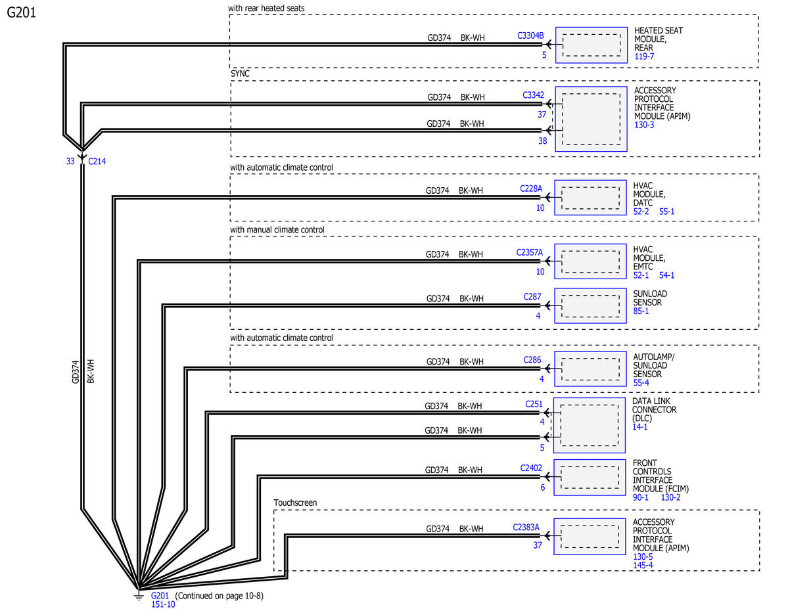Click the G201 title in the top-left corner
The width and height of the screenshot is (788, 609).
[21, 12]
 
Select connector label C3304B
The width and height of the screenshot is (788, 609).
[530, 35]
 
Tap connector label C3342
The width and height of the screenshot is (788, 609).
[533, 95]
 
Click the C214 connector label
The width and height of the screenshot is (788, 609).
[97, 162]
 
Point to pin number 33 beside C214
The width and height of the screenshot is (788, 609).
[70, 162]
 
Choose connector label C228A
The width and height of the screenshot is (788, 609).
[531, 189]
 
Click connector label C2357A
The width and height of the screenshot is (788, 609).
[530, 253]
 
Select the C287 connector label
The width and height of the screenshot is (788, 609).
[532, 297]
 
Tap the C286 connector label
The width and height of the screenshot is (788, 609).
[532, 360]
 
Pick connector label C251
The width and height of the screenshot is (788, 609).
[534, 404]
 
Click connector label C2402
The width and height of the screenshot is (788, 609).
[531, 468]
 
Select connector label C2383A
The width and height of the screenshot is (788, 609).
[526, 527]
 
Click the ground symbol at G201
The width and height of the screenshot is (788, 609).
[138, 595]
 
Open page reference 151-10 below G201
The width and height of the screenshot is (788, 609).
[163, 604]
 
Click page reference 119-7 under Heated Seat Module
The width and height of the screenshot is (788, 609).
[644, 56]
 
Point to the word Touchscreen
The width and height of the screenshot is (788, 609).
[295, 503]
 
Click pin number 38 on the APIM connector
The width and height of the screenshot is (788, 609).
[543, 141]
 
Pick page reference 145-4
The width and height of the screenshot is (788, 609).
[643, 565]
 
